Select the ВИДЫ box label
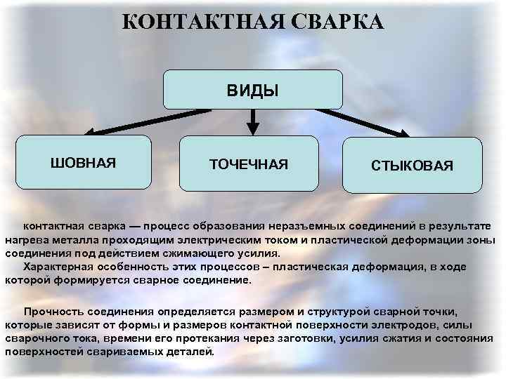click(252, 90)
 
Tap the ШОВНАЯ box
click(83, 163)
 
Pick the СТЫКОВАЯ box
click(413, 166)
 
